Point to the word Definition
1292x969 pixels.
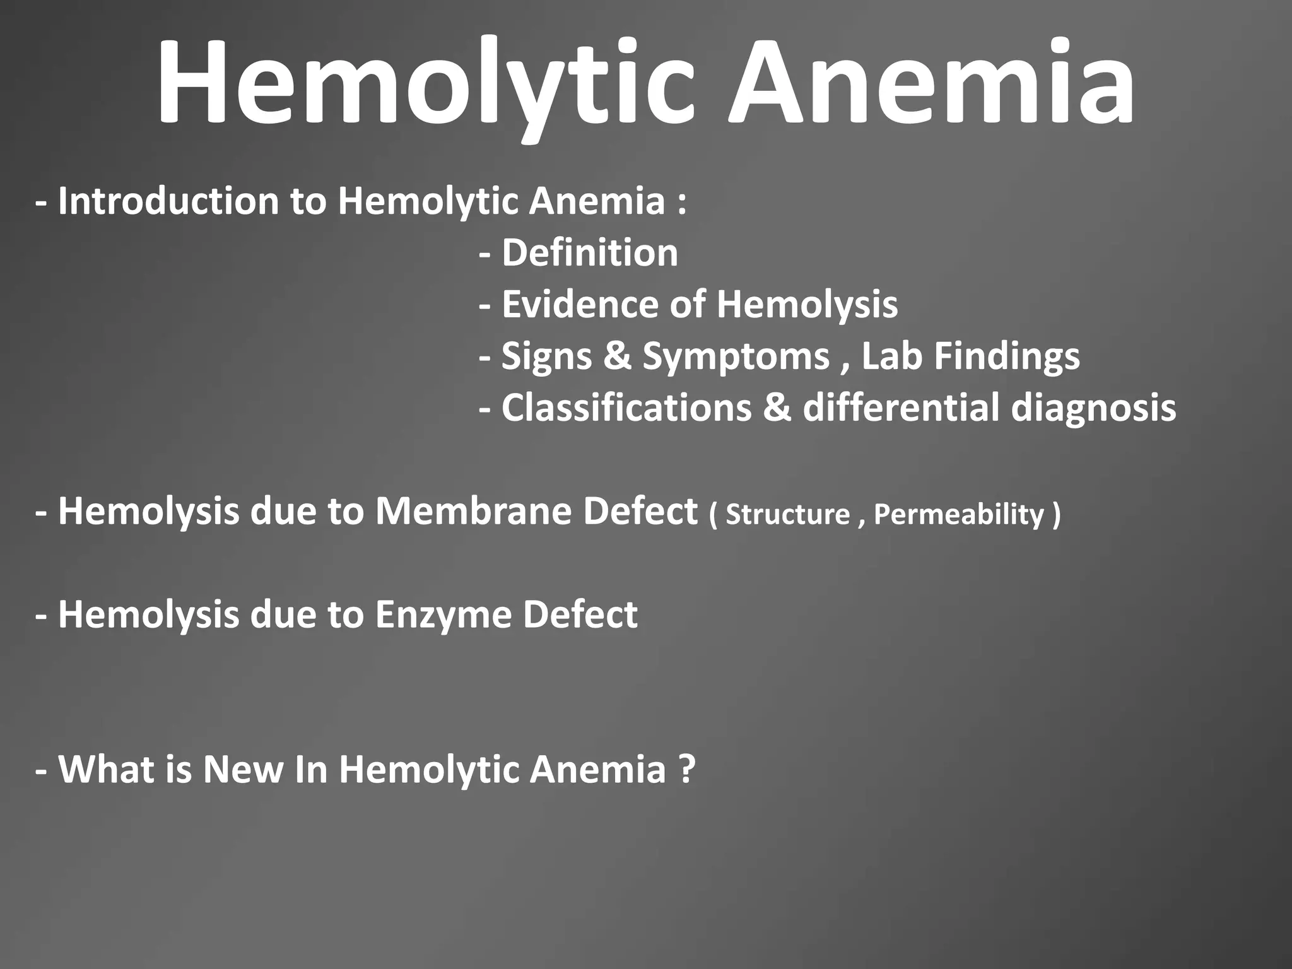(x=590, y=254)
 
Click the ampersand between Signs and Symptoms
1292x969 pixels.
(x=617, y=356)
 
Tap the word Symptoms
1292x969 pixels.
(x=736, y=357)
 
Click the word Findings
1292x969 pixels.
(x=1007, y=357)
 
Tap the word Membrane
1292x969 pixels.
(x=474, y=512)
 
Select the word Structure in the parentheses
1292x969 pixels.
(x=787, y=514)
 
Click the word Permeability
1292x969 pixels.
(x=959, y=515)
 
